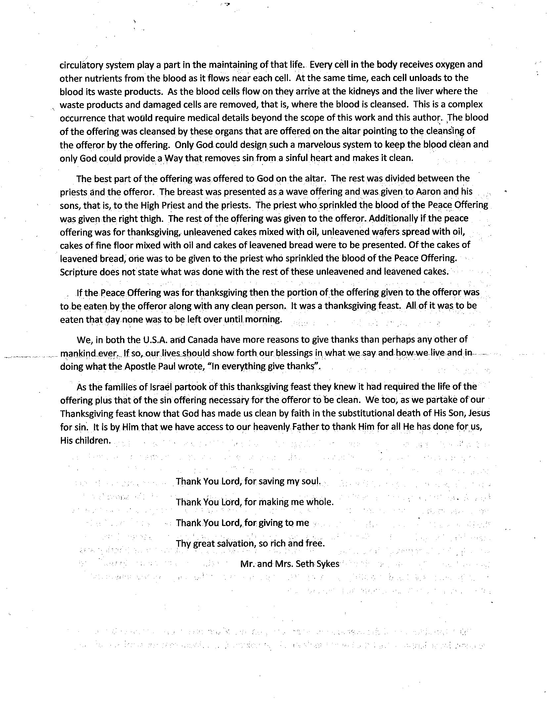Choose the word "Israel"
point(160,387)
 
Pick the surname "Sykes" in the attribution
point(327,564)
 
